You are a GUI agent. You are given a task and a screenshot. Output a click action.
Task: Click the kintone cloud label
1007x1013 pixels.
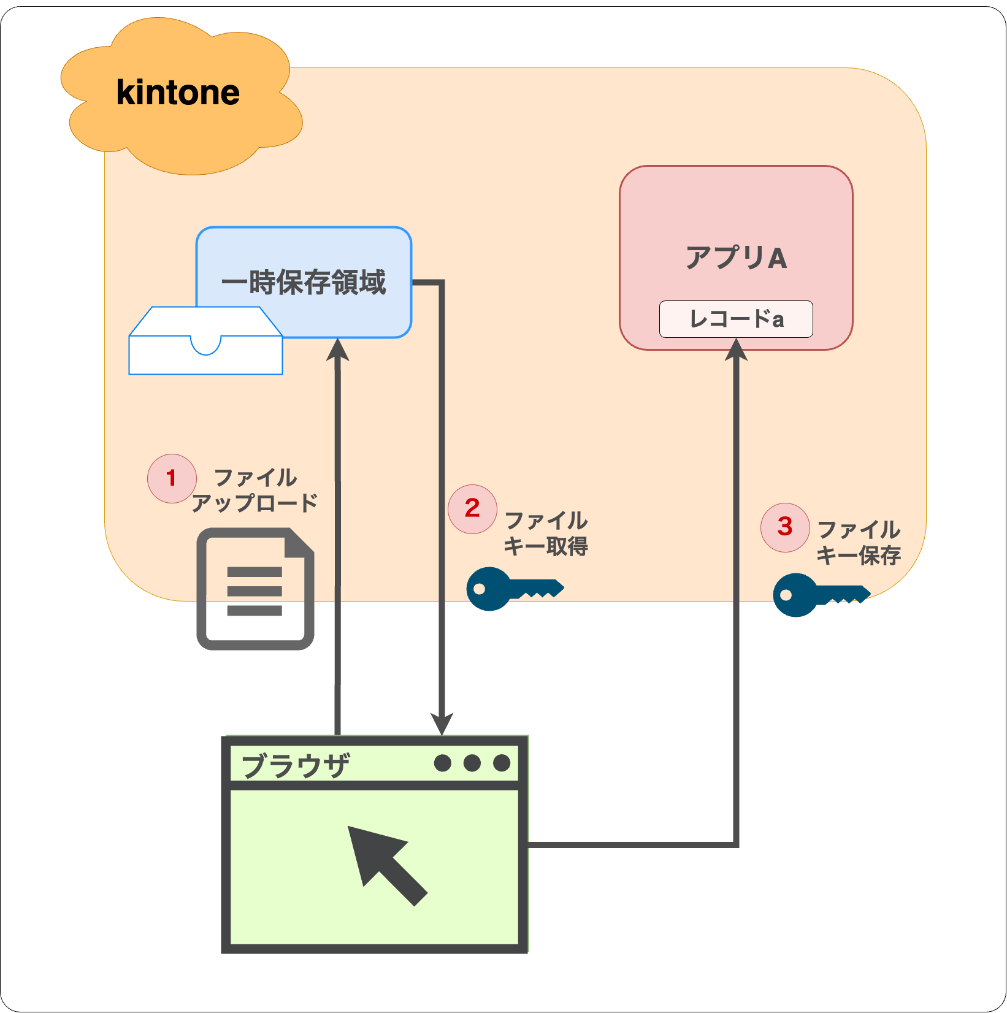tap(178, 93)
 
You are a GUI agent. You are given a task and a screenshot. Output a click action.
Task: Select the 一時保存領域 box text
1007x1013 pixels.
tap(304, 283)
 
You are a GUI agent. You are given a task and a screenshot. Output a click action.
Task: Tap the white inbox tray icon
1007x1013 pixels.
tap(206, 340)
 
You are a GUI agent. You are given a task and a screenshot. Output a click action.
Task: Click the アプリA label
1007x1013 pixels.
tap(736, 258)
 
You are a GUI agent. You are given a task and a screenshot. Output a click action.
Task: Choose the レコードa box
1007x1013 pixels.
tap(736, 319)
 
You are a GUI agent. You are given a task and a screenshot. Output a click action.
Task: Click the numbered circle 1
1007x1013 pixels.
tap(172, 478)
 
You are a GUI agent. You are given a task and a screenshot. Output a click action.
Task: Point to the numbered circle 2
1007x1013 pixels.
tap(472, 509)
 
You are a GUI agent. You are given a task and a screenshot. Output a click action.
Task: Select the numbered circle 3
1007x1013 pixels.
tap(785, 527)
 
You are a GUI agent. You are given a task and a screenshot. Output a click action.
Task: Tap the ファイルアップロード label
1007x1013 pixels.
tap(255, 490)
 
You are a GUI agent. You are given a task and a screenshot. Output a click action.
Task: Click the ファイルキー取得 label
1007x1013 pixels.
tap(546, 533)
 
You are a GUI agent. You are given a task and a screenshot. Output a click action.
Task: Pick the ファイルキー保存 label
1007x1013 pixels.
tap(859, 543)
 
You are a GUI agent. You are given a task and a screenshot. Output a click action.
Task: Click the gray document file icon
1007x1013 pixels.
tap(255, 589)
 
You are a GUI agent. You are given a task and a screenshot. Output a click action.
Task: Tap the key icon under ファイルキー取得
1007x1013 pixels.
tap(515, 589)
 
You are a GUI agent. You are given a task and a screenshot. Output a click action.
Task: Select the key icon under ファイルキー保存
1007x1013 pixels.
tap(822, 595)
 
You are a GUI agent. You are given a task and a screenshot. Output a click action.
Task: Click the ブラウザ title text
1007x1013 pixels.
tap(296, 765)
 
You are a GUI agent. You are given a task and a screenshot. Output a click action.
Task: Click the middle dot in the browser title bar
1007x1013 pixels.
tap(472, 763)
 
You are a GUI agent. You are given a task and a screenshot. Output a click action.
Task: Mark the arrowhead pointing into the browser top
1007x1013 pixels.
tap(442, 724)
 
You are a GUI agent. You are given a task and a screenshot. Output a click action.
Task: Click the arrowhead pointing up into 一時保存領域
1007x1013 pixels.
tap(337, 350)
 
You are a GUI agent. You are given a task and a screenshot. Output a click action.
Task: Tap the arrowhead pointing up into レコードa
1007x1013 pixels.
tap(736, 350)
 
